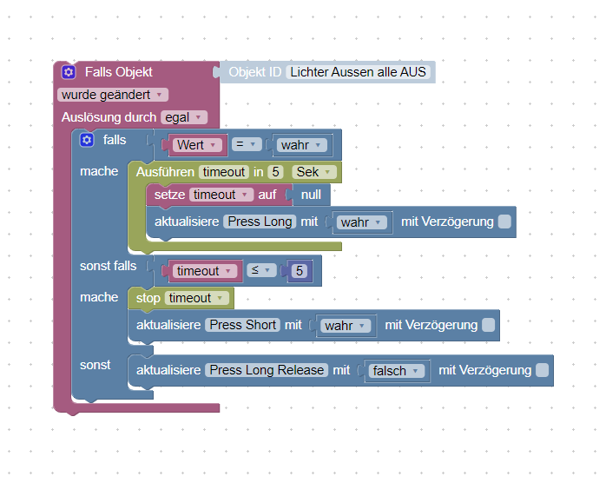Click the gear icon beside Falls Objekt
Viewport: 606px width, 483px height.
point(69,72)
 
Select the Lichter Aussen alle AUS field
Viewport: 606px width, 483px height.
point(359,72)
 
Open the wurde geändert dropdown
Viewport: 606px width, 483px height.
point(113,95)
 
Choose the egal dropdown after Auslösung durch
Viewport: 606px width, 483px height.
point(184,117)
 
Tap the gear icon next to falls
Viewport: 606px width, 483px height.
point(86,140)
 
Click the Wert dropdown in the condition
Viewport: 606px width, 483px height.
point(199,145)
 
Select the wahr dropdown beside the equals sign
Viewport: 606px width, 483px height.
point(300,145)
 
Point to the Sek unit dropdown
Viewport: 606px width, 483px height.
point(313,172)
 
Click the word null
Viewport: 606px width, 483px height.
point(311,195)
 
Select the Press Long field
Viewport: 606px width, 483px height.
point(260,222)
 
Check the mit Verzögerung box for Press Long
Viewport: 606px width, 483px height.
point(504,222)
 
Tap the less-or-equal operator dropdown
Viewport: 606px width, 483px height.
point(261,271)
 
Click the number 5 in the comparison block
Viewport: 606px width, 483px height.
point(300,271)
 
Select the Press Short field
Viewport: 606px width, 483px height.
point(243,325)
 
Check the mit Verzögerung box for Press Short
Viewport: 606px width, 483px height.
point(488,325)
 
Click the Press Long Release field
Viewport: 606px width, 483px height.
point(267,370)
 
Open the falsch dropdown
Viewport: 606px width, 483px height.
point(396,371)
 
